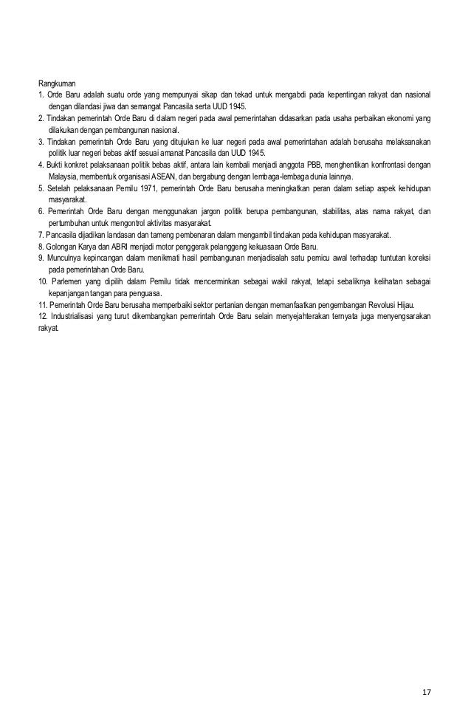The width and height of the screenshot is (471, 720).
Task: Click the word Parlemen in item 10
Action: (x=65, y=281)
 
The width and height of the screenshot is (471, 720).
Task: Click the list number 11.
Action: (x=42, y=304)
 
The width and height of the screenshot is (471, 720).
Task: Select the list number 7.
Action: (x=40, y=234)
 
